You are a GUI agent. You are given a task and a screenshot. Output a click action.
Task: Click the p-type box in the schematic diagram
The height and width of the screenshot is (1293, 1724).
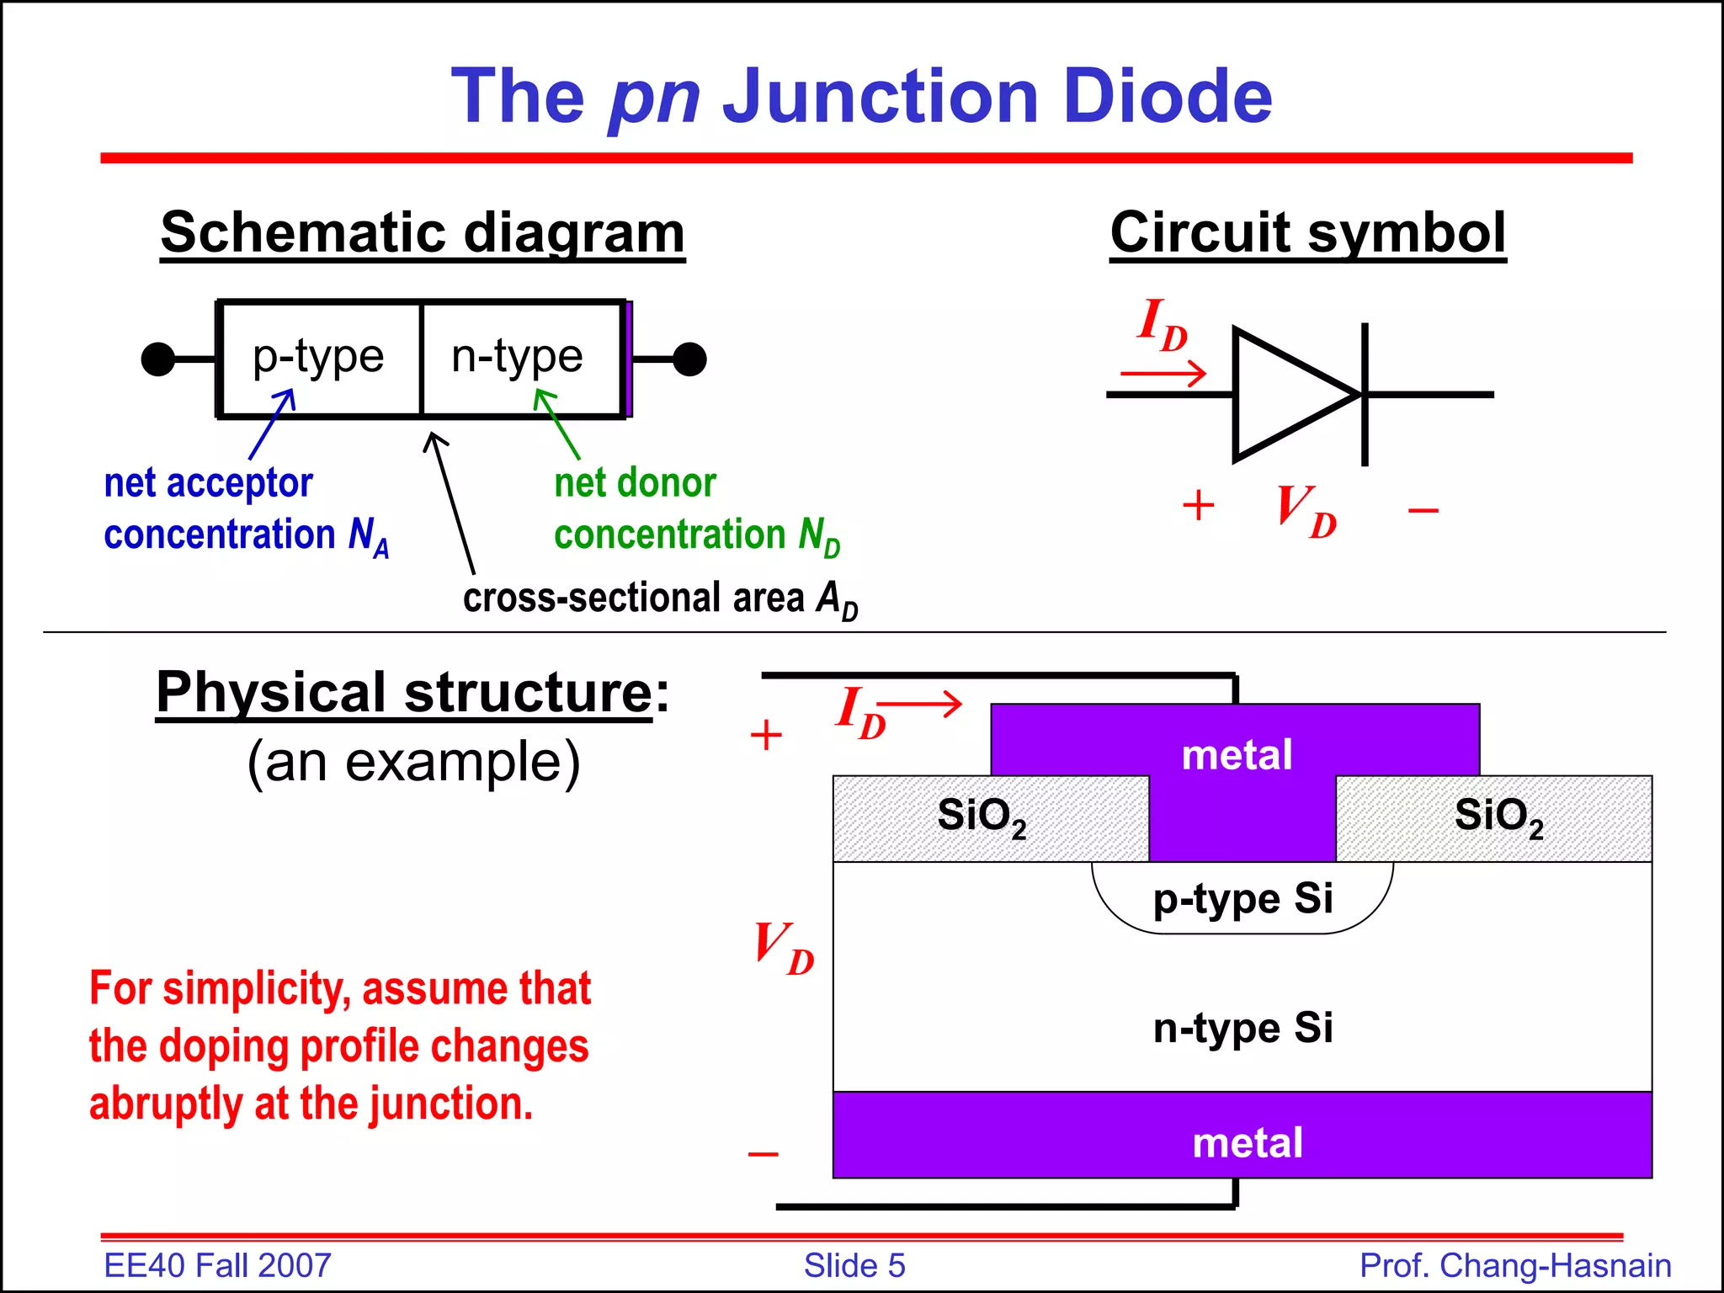[x=319, y=358]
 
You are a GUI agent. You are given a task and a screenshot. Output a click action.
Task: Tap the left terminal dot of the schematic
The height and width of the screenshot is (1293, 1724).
[x=157, y=359]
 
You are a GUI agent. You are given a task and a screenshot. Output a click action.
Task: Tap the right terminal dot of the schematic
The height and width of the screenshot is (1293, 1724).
[x=689, y=359]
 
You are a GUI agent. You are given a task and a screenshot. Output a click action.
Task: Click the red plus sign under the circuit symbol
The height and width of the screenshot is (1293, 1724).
[x=1198, y=506]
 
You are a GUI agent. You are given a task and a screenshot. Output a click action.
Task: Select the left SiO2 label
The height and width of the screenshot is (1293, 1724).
[x=982, y=816]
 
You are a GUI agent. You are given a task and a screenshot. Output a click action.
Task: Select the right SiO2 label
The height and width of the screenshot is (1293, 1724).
[x=1498, y=816]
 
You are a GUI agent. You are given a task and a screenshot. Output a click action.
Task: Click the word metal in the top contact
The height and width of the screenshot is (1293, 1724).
[x=1237, y=754]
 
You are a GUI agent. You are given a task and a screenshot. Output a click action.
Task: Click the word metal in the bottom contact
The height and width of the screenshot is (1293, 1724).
[x=1248, y=1142]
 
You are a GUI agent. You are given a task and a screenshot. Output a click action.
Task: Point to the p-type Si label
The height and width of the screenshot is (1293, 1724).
[x=1242, y=898]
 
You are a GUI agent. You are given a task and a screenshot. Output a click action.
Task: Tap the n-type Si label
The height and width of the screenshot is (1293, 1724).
[x=1242, y=1028]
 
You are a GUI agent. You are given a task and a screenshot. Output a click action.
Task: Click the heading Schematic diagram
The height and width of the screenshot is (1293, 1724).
[x=423, y=232]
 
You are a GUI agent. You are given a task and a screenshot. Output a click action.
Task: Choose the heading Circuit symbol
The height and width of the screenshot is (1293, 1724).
[x=1307, y=232]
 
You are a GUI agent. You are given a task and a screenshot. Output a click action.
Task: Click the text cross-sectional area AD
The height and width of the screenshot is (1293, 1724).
[x=660, y=599]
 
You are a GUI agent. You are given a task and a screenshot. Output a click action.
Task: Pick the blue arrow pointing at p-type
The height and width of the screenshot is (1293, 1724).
[x=272, y=424]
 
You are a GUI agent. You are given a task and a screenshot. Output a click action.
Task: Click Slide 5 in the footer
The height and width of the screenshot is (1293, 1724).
[x=854, y=1265]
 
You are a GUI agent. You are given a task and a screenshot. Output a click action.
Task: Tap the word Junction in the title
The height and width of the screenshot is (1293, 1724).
[x=881, y=96]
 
